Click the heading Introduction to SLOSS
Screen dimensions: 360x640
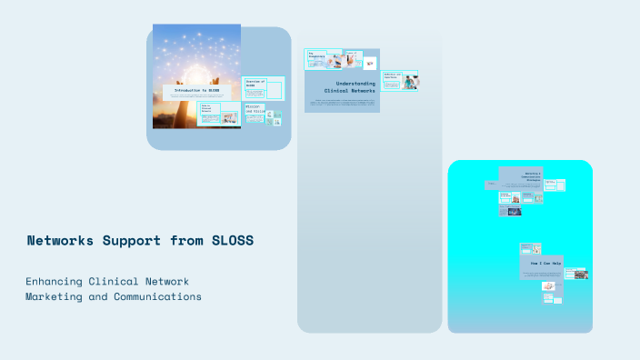[196, 91]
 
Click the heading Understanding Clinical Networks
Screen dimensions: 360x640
[349, 86]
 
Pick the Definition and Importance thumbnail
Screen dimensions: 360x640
[393, 79]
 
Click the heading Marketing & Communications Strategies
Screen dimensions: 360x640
[532, 176]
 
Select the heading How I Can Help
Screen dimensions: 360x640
[546, 263]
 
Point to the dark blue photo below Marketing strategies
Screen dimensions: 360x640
[515, 212]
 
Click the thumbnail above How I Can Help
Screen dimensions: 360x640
[530, 248]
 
